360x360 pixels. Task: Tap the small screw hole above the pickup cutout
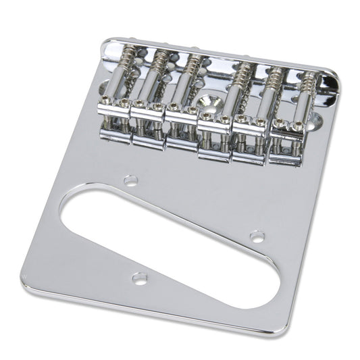coord(131,180)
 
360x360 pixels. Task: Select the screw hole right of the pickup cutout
coord(257,236)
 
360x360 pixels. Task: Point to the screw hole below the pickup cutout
coord(139,277)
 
